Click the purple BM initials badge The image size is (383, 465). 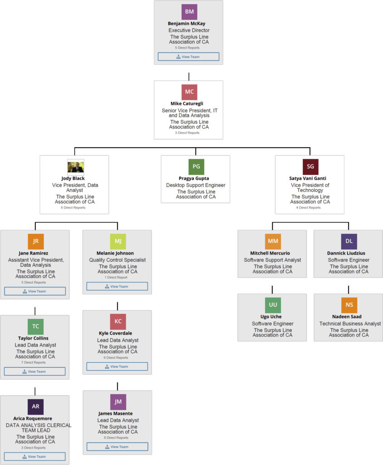click(189, 12)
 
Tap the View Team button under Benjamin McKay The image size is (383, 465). click(188, 57)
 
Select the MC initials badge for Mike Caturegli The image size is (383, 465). click(189, 92)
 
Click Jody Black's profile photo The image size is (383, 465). click(75, 167)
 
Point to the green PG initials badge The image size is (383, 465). click(196, 166)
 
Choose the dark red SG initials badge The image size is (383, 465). click(310, 167)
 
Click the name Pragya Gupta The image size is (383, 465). click(196, 178)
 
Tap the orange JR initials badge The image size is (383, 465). click(35, 241)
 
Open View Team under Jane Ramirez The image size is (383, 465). click(35, 291)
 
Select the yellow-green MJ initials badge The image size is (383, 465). click(118, 241)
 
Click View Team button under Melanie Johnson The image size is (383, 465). click(117, 287)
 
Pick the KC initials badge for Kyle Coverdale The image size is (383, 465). click(118, 322)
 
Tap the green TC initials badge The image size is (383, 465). click(35, 326)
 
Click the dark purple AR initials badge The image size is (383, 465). click(35, 406)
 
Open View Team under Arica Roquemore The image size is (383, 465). click(35, 457)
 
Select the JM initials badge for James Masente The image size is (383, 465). click(118, 401)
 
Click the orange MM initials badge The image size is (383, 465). click(273, 241)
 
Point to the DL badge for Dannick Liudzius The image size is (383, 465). click(349, 241)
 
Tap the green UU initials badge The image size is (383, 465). click(273, 305)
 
